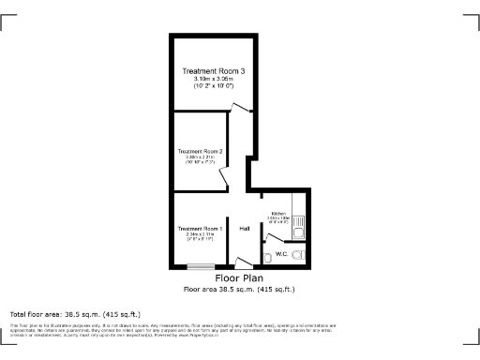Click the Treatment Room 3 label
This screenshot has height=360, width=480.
pyautogui.click(x=214, y=71)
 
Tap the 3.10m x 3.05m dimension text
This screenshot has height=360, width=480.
pyautogui.click(x=214, y=79)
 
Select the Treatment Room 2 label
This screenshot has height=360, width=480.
pyautogui.click(x=200, y=151)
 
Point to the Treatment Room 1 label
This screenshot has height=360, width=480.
pyautogui.click(x=200, y=229)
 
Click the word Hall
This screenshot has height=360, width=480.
pyautogui.click(x=244, y=229)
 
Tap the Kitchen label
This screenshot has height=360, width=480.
pyautogui.click(x=277, y=214)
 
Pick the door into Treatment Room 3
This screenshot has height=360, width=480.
pyautogui.click(x=241, y=109)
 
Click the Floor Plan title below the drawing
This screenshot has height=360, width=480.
pyautogui.click(x=239, y=278)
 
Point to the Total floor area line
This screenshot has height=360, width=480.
pyautogui.click(x=75, y=313)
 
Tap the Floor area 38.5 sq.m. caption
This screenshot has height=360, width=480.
pyautogui.click(x=239, y=290)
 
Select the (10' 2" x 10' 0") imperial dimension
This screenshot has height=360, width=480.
pyautogui.click(x=214, y=86)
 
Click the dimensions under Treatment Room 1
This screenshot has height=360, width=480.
pyautogui.click(x=200, y=237)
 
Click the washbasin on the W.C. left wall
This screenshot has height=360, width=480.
pyautogui.click(x=268, y=255)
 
